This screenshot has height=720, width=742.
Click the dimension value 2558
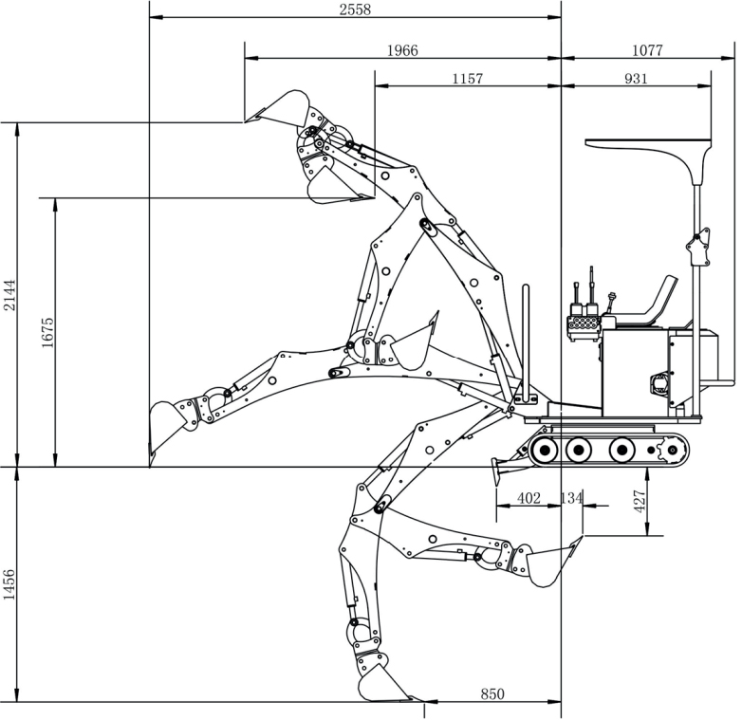tap(355, 9)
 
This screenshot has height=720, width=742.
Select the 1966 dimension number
tap(402, 50)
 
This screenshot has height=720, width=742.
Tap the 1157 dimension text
tap(467, 79)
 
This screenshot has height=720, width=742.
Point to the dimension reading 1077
tap(647, 50)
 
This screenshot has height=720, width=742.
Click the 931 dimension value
tap(636, 79)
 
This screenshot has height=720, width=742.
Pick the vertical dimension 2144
tap(9, 295)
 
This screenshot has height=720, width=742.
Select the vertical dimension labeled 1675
tap(47, 332)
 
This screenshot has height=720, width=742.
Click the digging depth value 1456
tap(9, 584)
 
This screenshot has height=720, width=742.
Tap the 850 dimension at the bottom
tap(492, 693)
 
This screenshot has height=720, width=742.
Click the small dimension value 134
tap(572, 498)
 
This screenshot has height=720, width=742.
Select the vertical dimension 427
tap(640, 501)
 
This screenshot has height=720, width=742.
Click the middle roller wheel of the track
tap(577, 448)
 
